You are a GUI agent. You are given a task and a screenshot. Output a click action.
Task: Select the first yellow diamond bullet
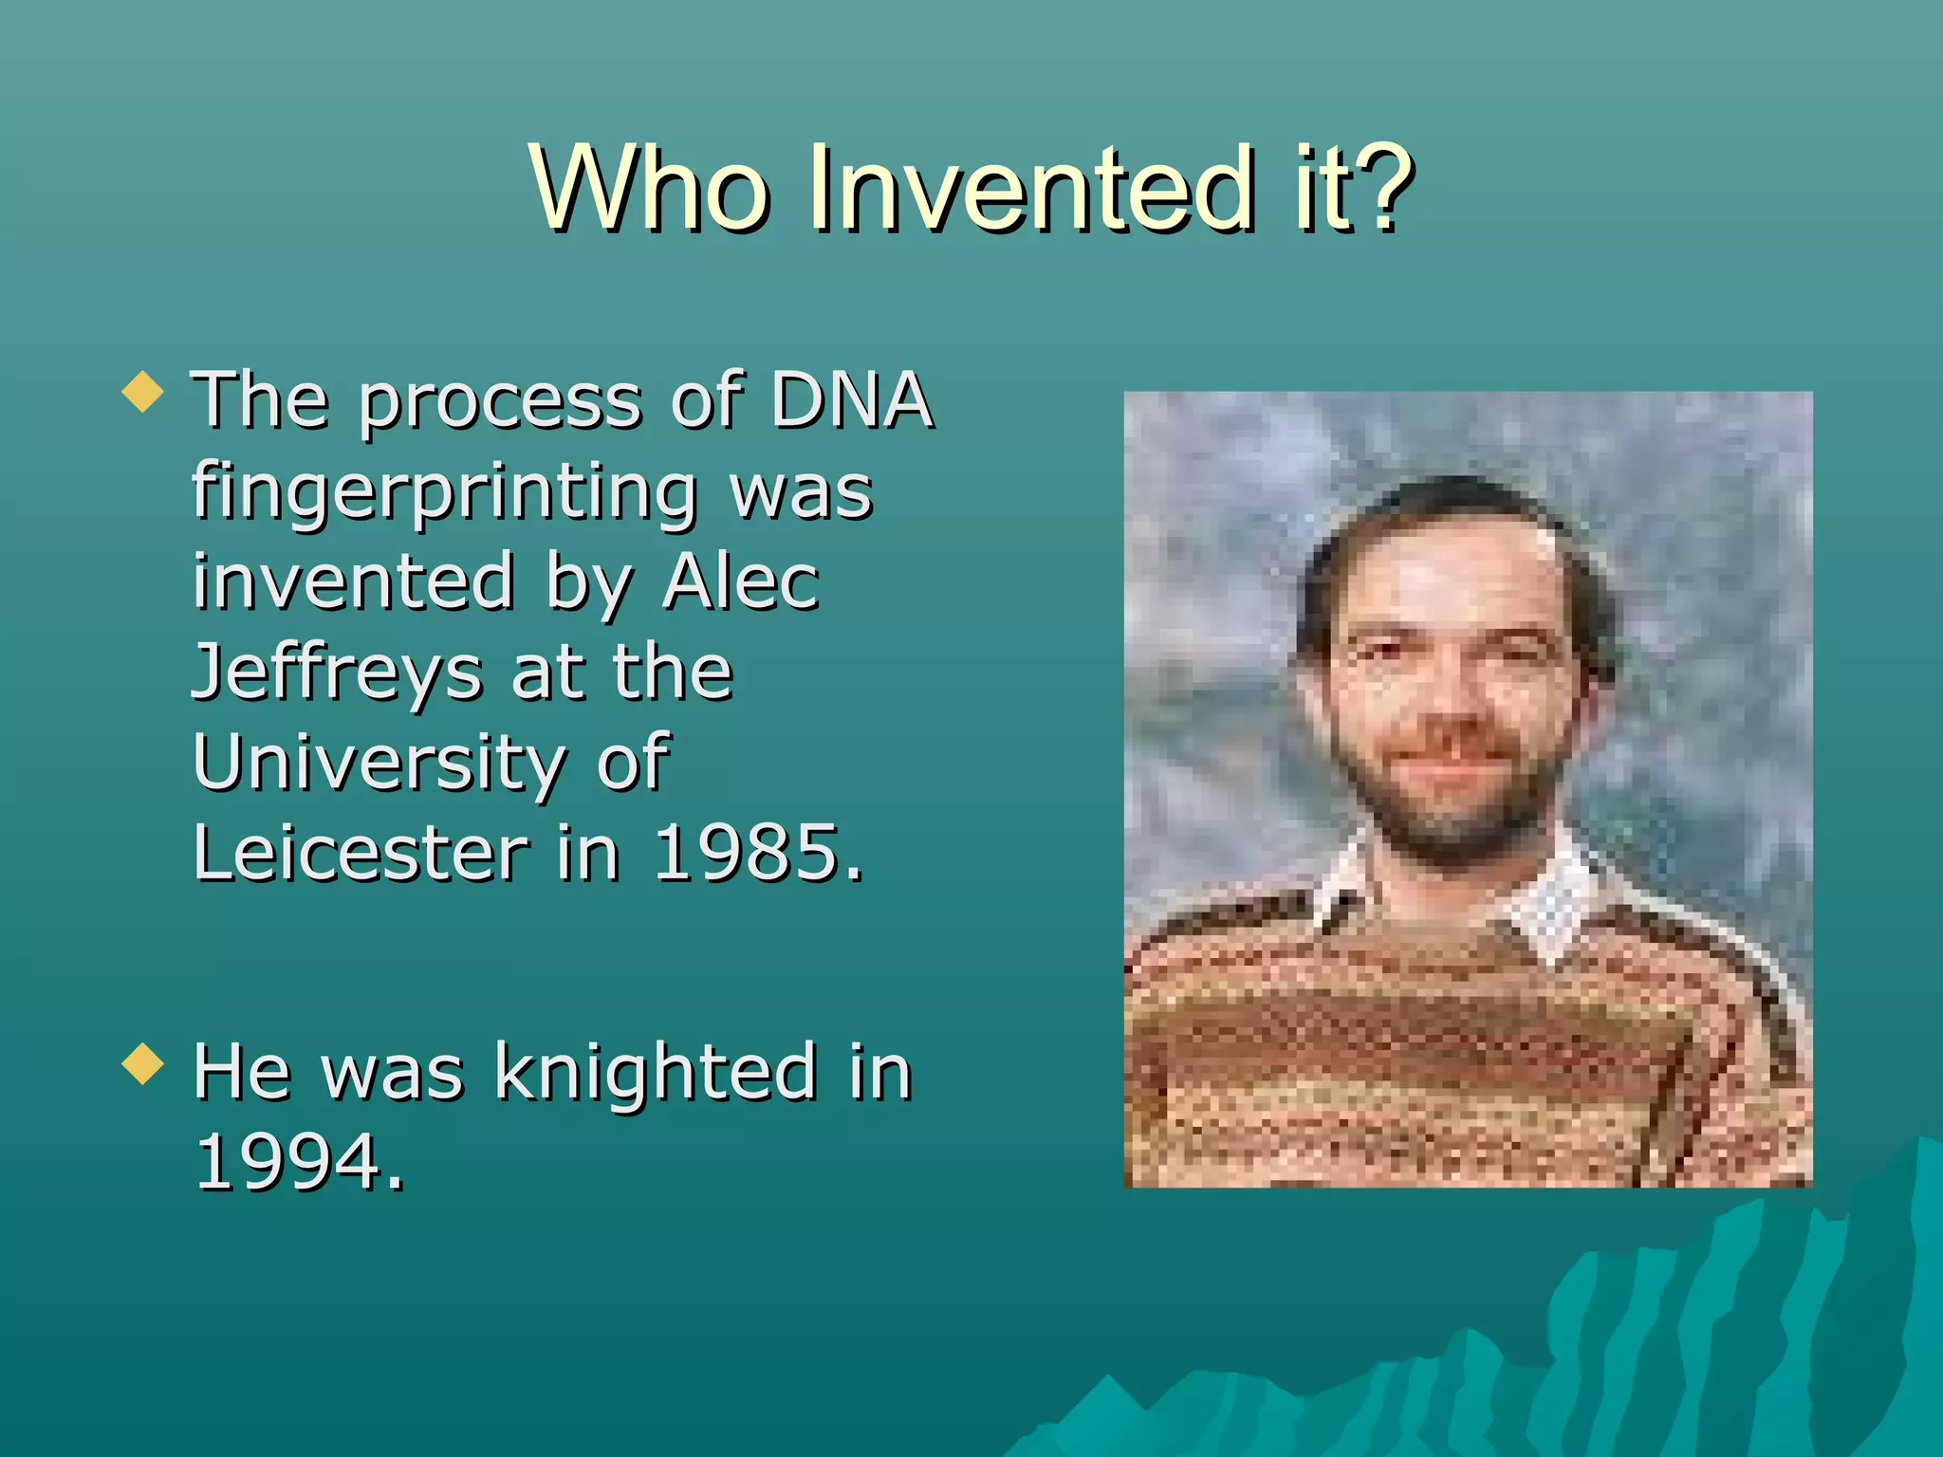point(143,392)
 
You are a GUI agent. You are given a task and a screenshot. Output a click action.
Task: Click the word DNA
point(851,400)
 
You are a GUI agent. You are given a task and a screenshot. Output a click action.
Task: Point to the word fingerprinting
point(444,493)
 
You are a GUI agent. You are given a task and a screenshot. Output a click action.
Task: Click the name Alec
point(740,581)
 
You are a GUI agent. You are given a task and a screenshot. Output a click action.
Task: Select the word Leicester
point(361,853)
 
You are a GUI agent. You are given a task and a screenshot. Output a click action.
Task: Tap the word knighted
point(655,1072)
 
